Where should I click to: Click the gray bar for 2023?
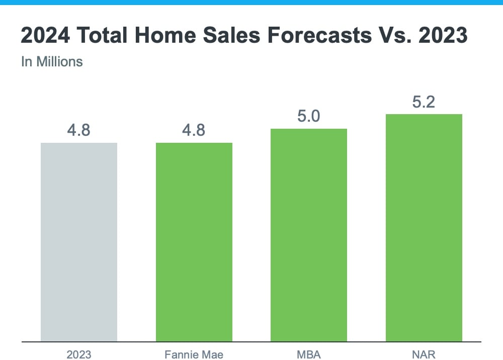[x=79, y=242]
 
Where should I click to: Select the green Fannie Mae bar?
[x=194, y=242]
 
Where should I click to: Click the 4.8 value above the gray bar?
[x=79, y=130]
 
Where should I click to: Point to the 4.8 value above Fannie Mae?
[x=194, y=130]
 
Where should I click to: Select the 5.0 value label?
[x=309, y=116]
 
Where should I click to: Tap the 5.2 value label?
[x=424, y=102]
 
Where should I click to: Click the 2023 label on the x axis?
[x=79, y=354]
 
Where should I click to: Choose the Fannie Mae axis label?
[x=194, y=354]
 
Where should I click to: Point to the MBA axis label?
[x=309, y=354]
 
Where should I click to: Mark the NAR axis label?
[x=424, y=354]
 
